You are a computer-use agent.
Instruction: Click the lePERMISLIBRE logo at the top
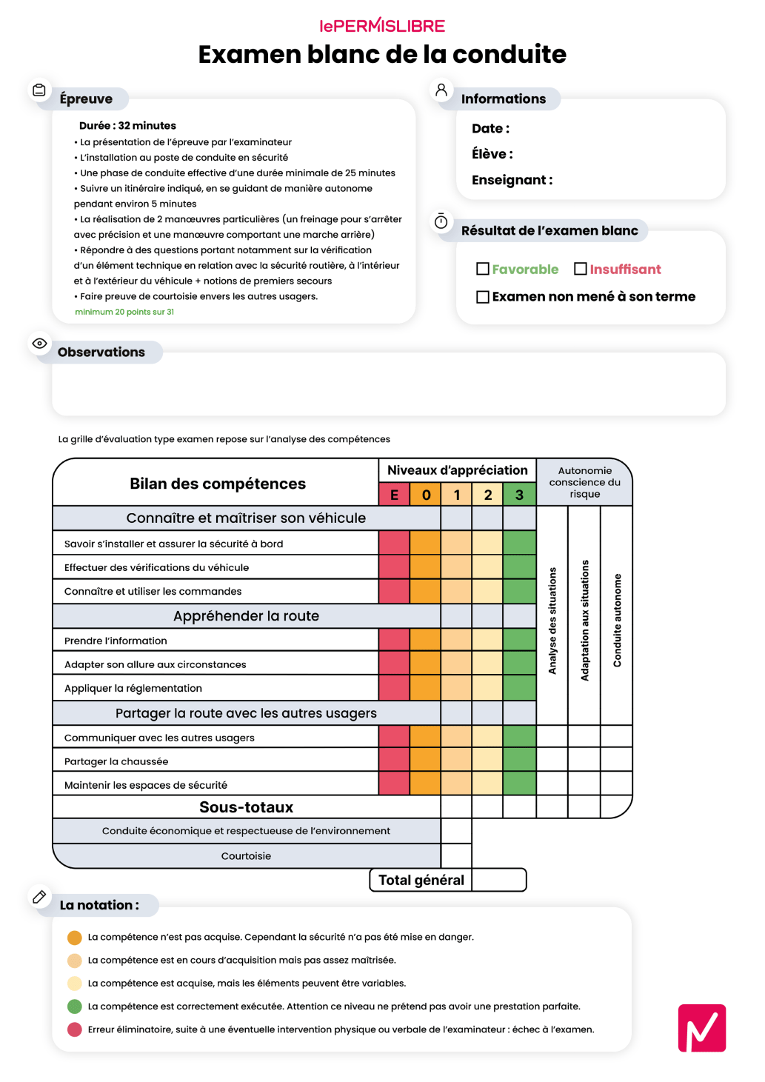(382, 26)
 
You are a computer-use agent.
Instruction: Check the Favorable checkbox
(483, 269)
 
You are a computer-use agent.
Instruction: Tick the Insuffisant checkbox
(581, 269)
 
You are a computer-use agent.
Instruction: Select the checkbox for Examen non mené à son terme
(483, 297)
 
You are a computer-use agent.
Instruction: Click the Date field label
(490, 129)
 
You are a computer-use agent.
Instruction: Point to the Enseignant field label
(512, 180)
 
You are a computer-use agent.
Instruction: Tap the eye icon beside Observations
(40, 344)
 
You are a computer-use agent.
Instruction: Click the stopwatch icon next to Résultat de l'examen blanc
(441, 221)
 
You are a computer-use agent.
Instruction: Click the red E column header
(394, 495)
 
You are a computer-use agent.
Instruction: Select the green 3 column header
(519, 495)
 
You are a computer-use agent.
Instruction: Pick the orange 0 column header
(426, 495)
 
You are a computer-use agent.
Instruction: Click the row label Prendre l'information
(116, 641)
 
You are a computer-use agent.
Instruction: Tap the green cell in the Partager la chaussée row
(519, 761)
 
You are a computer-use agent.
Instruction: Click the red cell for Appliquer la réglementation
(394, 688)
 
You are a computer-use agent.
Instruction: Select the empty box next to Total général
(498, 880)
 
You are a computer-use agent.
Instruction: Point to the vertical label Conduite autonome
(617, 621)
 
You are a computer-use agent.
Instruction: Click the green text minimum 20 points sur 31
(124, 312)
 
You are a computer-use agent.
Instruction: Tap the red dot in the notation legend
(75, 1029)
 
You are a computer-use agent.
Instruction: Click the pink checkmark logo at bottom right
(701, 1028)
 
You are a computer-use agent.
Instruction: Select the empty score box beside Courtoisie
(456, 855)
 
